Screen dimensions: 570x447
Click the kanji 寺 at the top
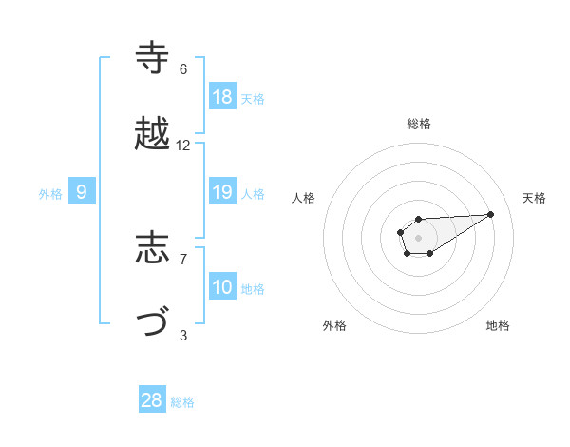153,59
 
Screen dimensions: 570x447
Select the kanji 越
153,135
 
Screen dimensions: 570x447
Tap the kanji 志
153,248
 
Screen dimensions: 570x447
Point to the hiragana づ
153,324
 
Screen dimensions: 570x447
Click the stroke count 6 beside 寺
183,69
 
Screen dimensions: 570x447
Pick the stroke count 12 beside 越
183,146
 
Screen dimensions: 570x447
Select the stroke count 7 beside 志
183,259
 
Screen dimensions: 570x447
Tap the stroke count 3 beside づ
183,335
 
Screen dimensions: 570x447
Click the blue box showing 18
222,97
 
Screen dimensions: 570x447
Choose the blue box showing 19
222,192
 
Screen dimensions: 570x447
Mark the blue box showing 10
222,287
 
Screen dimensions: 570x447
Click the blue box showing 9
82,192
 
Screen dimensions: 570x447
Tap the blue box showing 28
152,400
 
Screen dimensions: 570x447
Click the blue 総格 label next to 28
182,402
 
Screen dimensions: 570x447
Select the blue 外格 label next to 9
50,194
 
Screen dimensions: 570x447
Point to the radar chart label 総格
419,124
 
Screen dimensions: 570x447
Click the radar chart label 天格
535,198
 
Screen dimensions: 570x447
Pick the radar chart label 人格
303,198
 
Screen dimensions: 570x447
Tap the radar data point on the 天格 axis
491,214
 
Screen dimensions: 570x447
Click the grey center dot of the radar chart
419,237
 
